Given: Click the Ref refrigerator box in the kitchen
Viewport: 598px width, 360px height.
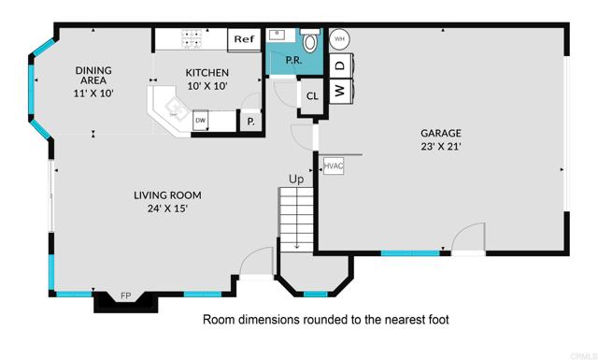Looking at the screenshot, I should [244, 39].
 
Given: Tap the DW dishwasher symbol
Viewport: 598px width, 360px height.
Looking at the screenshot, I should [200, 121].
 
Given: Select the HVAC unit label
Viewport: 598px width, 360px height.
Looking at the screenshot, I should [334, 166].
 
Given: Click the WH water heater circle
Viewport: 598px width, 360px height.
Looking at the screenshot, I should [339, 39].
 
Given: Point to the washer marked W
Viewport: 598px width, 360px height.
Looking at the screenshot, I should [340, 91].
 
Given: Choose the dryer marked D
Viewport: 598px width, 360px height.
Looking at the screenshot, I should [340, 65].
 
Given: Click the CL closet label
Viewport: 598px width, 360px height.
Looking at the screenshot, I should [312, 94].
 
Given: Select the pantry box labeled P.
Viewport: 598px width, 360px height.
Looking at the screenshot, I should [250, 121].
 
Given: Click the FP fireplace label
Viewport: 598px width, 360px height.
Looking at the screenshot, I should [125, 296].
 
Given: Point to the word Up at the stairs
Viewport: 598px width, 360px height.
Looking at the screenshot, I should [296, 179].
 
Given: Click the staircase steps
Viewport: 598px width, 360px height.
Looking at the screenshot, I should [296, 219].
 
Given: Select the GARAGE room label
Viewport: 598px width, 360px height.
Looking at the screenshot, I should [440, 133].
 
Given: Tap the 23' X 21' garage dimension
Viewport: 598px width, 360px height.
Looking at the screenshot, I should [440, 147].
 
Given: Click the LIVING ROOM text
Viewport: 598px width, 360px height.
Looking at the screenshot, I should [167, 195].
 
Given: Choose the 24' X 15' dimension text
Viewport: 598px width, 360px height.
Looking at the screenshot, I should [167, 209].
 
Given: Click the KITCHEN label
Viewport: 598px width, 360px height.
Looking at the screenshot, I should [207, 72].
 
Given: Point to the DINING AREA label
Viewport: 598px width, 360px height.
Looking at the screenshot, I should [93, 76].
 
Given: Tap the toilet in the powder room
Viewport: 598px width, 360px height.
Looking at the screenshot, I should [311, 41].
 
